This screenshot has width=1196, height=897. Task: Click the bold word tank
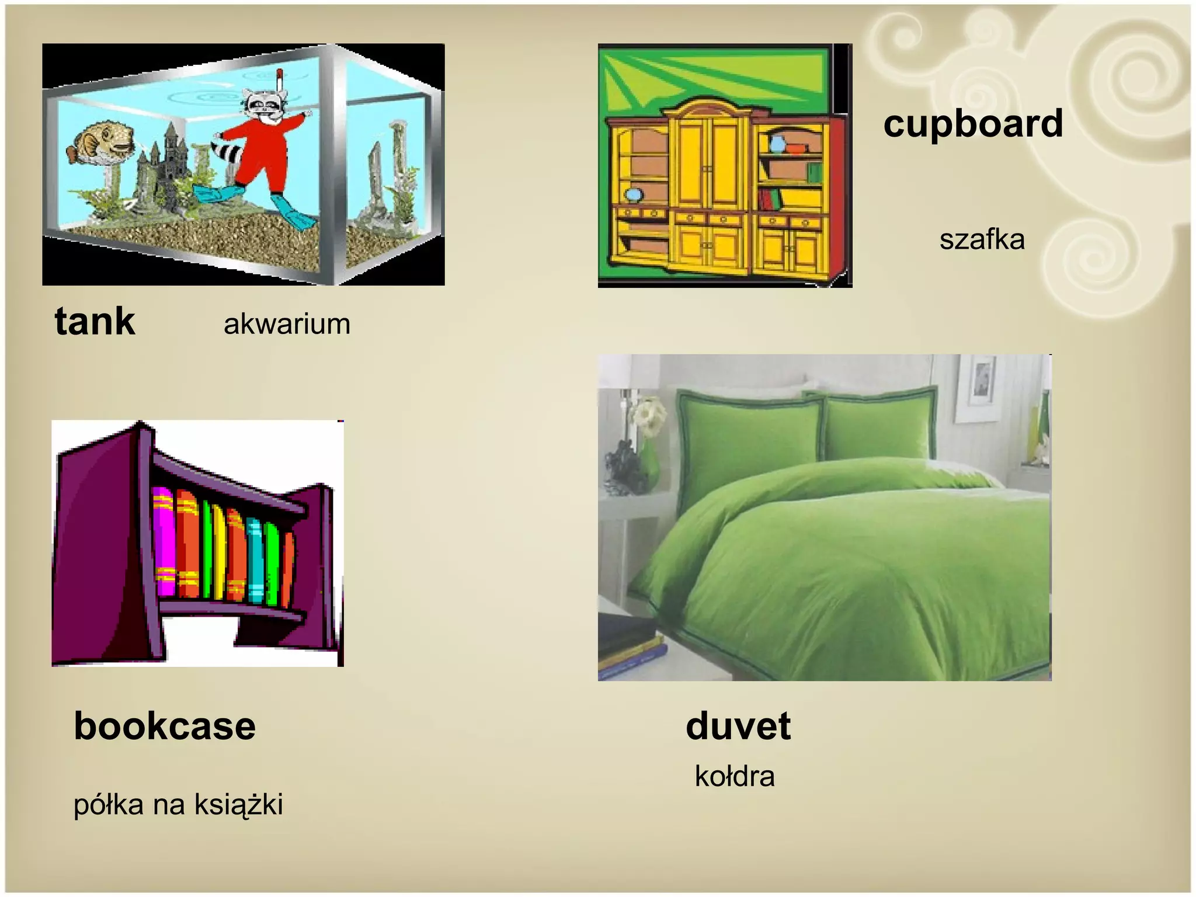[95, 322]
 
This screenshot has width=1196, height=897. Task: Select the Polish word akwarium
[287, 324]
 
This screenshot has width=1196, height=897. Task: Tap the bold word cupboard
[973, 124]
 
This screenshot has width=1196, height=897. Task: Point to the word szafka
[982, 239]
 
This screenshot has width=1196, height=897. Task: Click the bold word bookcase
[165, 726]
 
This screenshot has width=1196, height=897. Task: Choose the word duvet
[738, 726]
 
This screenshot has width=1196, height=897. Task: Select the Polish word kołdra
[735, 776]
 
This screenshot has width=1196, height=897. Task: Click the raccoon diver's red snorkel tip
[280, 74]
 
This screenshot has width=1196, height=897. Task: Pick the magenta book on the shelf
[164, 543]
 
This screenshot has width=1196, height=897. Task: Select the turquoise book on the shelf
[255, 561]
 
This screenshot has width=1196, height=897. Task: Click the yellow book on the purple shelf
[219, 552]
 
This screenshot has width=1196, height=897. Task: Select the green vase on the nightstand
[650, 467]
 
